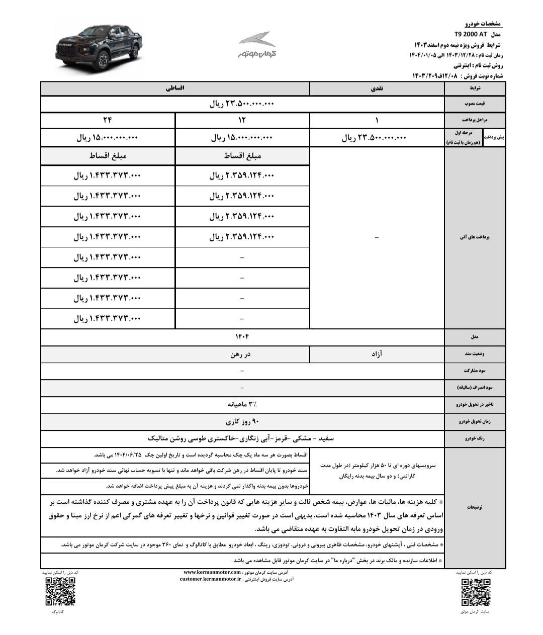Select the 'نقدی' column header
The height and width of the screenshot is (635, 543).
pyautogui.click(x=377, y=88)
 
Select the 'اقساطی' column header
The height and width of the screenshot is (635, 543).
pyautogui.click(x=175, y=88)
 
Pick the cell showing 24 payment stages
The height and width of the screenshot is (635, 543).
pyautogui.click(x=107, y=120)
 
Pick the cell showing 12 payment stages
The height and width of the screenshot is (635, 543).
pyautogui.click(x=242, y=120)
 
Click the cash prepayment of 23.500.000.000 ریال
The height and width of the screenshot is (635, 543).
pyautogui.click(x=374, y=137)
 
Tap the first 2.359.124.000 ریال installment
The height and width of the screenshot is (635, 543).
pyautogui.click(x=242, y=175)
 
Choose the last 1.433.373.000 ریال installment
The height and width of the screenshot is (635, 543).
pyautogui.click(x=107, y=318)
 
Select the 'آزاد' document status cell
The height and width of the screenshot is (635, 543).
pyautogui.click(x=377, y=353)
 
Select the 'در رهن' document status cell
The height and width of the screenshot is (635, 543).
pyautogui.click(x=242, y=353)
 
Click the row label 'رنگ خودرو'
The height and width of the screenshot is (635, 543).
pyautogui.click(x=475, y=438)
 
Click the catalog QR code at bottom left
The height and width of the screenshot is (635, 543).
pyautogui.click(x=60, y=591)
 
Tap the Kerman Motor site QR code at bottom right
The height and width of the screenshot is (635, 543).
pyautogui.click(x=475, y=592)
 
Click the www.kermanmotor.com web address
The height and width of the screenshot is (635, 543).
pyautogui.click(x=211, y=572)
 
